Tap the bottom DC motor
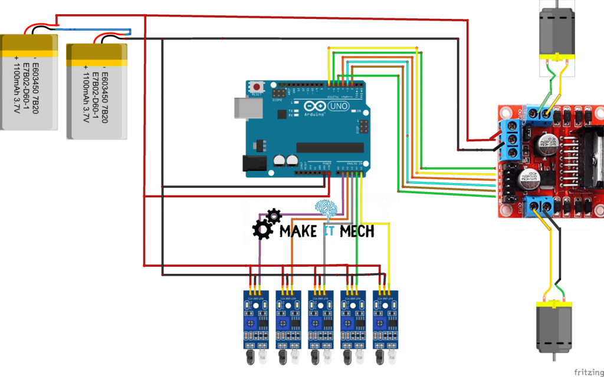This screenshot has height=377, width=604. (x=553, y=327)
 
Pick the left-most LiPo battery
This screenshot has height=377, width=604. (x=29, y=82)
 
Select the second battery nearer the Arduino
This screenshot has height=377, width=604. (x=96, y=91)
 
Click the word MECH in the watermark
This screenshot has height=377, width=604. (x=357, y=231)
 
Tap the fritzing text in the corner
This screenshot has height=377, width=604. (x=587, y=371)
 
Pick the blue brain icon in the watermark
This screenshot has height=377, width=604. (x=326, y=208)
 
